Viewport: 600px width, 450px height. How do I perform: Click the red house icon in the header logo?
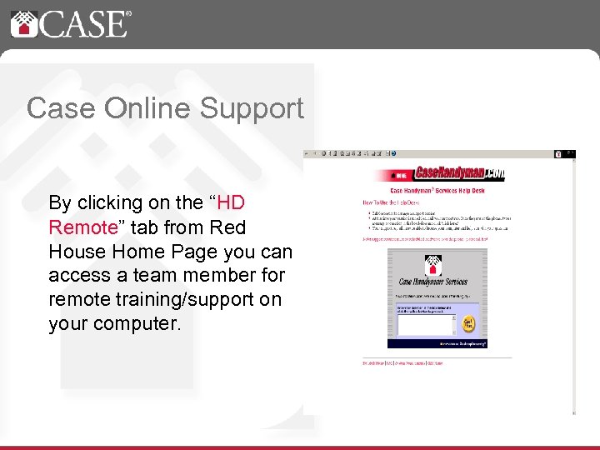click(x=23, y=22)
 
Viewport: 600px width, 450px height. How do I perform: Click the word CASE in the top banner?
click(x=82, y=23)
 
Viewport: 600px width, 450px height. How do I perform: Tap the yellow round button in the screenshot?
click(x=467, y=323)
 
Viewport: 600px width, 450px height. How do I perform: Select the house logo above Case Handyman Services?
click(x=432, y=265)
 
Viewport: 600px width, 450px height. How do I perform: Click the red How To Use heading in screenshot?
click(x=390, y=202)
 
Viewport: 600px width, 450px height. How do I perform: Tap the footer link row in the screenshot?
click(x=402, y=363)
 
